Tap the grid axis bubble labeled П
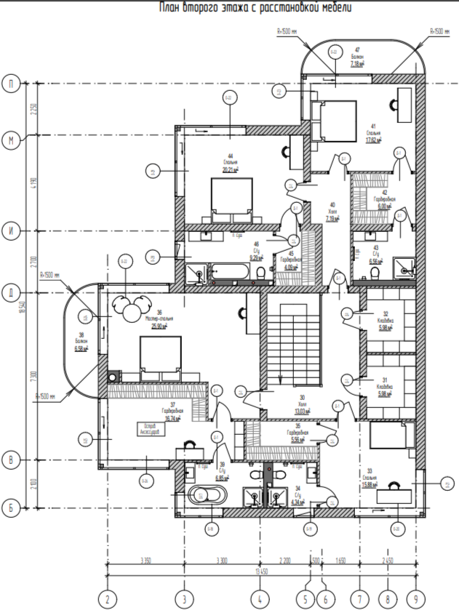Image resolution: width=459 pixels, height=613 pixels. [10, 84]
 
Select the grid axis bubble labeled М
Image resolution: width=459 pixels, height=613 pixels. [10, 141]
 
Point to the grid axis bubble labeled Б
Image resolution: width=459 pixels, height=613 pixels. [10, 506]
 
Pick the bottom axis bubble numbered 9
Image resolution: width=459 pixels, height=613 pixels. [416, 600]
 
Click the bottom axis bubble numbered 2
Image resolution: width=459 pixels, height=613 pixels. [108, 600]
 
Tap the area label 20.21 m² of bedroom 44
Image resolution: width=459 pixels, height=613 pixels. [231, 170]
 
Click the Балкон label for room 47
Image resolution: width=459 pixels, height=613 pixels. [357, 56]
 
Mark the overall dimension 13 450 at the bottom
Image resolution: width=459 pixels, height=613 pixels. [259, 572]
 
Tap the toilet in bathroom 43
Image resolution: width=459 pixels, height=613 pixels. [375, 272]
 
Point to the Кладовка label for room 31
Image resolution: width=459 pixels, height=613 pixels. [385, 389]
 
